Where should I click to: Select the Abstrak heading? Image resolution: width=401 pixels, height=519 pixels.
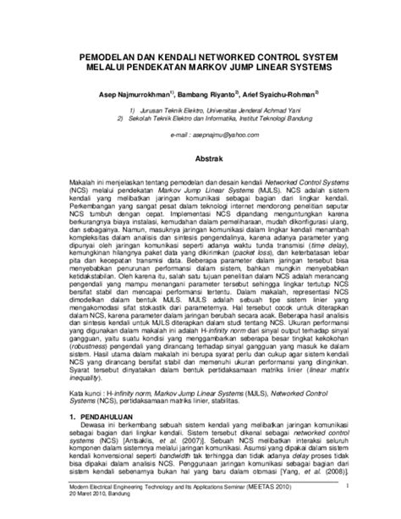[x=200, y=157]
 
